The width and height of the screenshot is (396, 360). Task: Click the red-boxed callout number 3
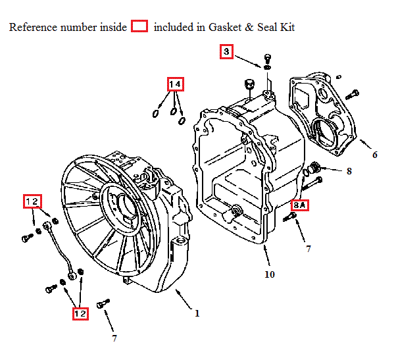[226, 51]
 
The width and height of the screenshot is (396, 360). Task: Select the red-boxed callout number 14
[174, 84]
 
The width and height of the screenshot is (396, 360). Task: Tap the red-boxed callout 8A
[300, 205]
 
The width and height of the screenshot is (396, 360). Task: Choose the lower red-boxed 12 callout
[80, 314]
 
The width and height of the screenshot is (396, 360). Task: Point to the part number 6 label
[375, 155]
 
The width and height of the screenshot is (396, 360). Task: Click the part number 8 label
[349, 171]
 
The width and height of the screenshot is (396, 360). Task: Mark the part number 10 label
[270, 274]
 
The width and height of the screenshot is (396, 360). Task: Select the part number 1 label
[197, 313]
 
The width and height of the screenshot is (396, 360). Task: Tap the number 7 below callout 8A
[307, 249]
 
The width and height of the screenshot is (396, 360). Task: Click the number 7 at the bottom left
[114, 338]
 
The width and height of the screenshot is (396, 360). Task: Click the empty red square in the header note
[139, 27]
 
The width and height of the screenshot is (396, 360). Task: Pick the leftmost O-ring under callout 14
[156, 114]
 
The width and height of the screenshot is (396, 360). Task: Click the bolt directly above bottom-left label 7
[102, 305]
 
